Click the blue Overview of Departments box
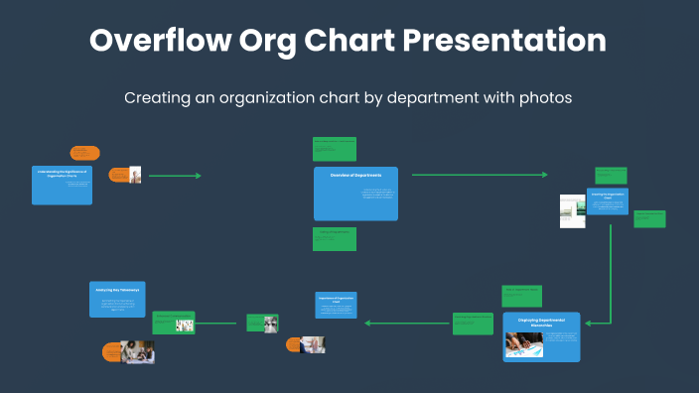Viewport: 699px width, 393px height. point(355,194)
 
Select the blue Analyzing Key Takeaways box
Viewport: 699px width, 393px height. point(117,299)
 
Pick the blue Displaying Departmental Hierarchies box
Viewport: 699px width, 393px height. point(541,336)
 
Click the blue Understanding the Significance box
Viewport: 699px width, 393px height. point(62,185)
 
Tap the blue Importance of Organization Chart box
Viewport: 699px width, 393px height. point(336,305)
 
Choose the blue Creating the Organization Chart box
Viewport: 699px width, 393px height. point(607,201)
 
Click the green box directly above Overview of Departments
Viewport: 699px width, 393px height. point(334,149)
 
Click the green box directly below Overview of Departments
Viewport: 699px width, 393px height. point(334,238)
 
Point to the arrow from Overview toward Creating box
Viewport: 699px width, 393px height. point(477,176)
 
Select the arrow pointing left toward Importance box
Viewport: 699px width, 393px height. point(407,323)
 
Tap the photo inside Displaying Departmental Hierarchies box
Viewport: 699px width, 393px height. point(523,344)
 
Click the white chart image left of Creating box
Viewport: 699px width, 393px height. point(572,210)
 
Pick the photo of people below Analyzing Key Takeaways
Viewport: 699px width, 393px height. point(137,350)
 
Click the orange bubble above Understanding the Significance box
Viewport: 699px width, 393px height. point(84,153)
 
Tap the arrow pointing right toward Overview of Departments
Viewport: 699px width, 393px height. point(174,176)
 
